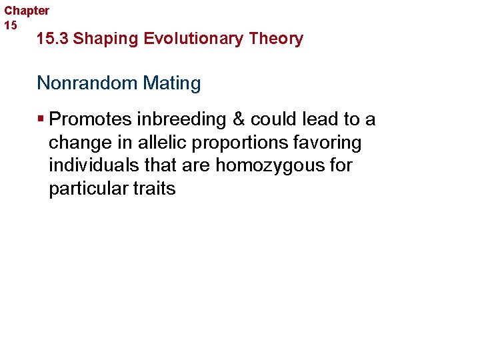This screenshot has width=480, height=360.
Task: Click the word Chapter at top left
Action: coord(27,11)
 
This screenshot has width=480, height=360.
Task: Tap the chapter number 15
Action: coord(11,25)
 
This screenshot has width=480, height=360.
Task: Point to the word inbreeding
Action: coord(169,119)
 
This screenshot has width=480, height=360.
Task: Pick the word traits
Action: coord(154,189)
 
